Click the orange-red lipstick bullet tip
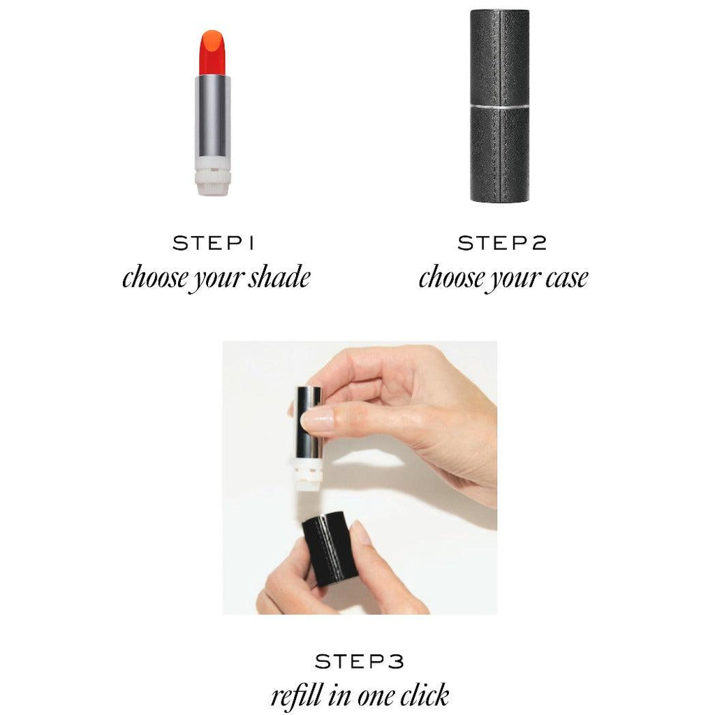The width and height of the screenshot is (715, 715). tap(212, 52)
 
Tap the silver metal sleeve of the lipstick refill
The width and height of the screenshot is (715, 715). tap(212, 116)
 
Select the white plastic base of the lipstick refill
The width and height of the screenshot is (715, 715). tap(212, 176)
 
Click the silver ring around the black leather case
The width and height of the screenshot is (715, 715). tap(500, 106)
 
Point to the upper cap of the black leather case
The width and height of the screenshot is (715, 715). tap(500, 57)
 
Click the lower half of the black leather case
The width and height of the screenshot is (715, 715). tap(500, 155)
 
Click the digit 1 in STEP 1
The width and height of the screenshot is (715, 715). tap(251, 243)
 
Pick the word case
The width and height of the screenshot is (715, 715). tap(566, 278)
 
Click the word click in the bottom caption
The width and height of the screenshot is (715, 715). tap(424, 695)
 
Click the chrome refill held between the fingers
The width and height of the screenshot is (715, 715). tap(309, 422)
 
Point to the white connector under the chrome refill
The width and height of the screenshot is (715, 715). tap(308, 474)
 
